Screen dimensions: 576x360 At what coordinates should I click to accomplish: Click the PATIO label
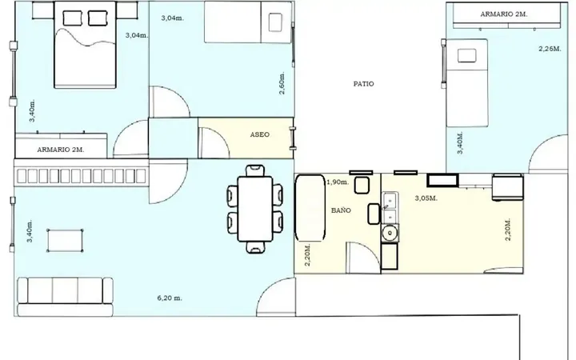[x=363, y=84]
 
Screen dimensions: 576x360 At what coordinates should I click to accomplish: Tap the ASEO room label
[x=259, y=134]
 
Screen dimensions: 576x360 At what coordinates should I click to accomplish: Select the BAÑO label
[x=341, y=210]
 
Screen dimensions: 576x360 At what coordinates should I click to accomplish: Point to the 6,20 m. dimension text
[x=170, y=298]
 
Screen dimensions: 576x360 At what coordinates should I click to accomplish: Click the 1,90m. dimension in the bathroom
[x=338, y=182]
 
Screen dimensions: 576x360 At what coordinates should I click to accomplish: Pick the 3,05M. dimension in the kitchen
[x=426, y=198]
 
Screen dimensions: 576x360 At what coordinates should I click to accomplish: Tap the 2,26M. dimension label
[x=550, y=49]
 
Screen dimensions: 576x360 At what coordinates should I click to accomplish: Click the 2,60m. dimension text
[x=282, y=82]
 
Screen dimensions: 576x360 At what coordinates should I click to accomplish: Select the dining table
[x=255, y=209]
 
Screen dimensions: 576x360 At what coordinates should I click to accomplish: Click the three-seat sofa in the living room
[x=65, y=297]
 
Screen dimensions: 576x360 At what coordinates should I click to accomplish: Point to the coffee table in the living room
[x=65, y=241]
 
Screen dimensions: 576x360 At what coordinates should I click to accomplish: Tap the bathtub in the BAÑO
[x=310, y=207]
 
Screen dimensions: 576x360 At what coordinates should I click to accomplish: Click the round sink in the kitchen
[x=389, y=233]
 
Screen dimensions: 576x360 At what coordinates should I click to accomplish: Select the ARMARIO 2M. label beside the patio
[x=504, y=14]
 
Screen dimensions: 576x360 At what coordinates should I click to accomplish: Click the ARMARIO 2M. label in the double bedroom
[x=61, y=150]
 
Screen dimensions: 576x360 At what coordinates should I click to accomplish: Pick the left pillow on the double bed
[x=72, y=18]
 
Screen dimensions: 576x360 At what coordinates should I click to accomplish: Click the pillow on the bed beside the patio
[x=467, y=56]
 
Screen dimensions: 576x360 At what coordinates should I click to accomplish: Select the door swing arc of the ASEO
[x=217, y=138]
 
